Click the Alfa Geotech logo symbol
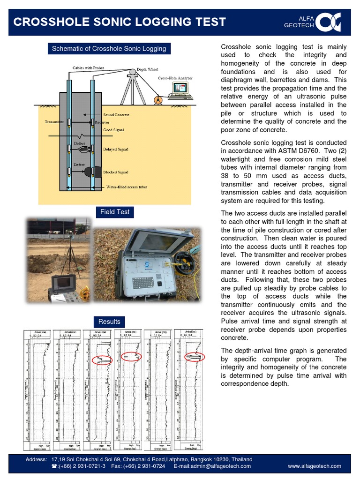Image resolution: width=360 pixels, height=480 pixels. point(328,22)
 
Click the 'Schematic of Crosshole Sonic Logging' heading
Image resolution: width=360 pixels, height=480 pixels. point(109,49)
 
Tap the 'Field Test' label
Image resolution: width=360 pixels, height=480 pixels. point(115,212)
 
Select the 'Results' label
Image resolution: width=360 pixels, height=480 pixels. point(109,322)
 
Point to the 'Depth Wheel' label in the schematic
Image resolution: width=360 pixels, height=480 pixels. point(147,69)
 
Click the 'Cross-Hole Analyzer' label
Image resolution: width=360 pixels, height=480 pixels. point(175,78)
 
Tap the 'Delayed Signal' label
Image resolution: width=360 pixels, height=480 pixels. point(116,150)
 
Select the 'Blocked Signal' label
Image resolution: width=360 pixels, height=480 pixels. point(116,172)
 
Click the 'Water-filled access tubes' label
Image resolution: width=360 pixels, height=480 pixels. point(126,187)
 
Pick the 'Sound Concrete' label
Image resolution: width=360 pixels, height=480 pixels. point(116,115)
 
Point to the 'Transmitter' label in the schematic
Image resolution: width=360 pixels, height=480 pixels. point(54,122)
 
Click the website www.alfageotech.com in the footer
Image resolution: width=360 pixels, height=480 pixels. point(314,466)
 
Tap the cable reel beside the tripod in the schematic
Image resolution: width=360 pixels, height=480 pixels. point(158,99)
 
